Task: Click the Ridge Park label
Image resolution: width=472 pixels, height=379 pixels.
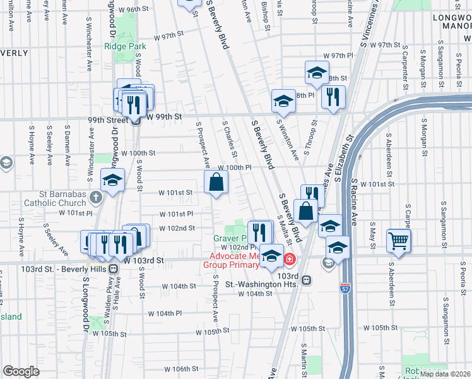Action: pyautogui.click(x=125, y=47)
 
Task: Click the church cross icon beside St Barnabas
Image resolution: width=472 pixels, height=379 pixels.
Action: pyautogui.click(x=95, y=198)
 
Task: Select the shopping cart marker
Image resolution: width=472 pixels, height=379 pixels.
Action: pyautogui.click(x=399, y=239)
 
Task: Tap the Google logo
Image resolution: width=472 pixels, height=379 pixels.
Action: pyautogui.click(x=21, y=371)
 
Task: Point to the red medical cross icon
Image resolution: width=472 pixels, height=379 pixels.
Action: pyautogui.click(x=290, y=259)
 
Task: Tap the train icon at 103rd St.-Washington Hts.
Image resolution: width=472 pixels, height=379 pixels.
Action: pyautogui.click(x=307, y=279)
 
